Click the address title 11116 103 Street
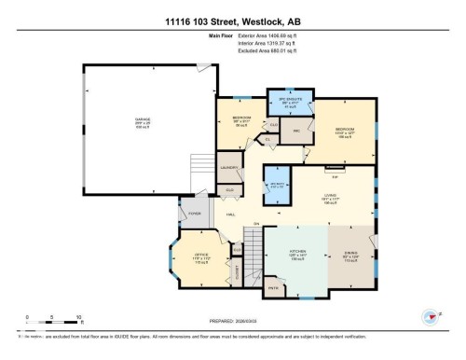(232, 21)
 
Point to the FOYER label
(196, 214)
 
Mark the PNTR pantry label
(274, 290)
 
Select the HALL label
(230, 214)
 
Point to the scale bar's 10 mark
(78, 317)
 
